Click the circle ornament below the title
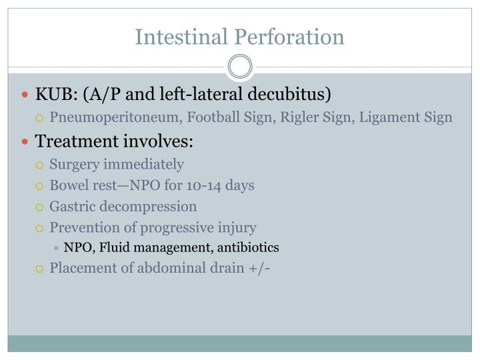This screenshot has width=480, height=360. [x=240, y=67]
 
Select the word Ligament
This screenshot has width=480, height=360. [x=380, y=117]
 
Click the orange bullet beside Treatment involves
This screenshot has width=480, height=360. [x=26, y=141]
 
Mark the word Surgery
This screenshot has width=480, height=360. [x=74, y=164]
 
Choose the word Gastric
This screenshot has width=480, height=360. [x=71, y=207]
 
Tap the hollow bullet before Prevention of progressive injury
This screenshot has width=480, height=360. [x=40, y=228]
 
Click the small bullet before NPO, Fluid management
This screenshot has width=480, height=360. [x=57, y=248]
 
